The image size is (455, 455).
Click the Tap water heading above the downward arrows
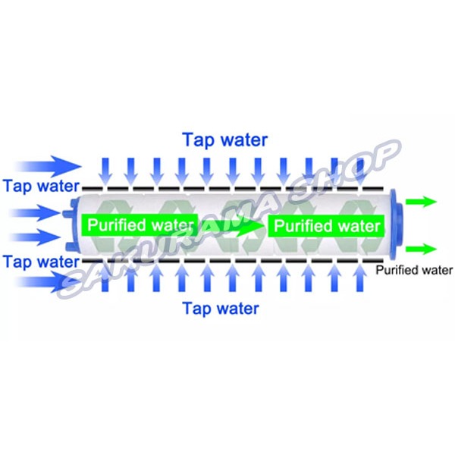click(x=224, y=140)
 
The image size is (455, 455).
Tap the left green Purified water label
click(x=142, y=225)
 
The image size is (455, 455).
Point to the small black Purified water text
click(x=414, y=270)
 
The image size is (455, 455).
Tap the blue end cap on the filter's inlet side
click(x=73, y=225)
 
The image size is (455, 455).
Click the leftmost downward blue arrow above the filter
click(x=106, y=169)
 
